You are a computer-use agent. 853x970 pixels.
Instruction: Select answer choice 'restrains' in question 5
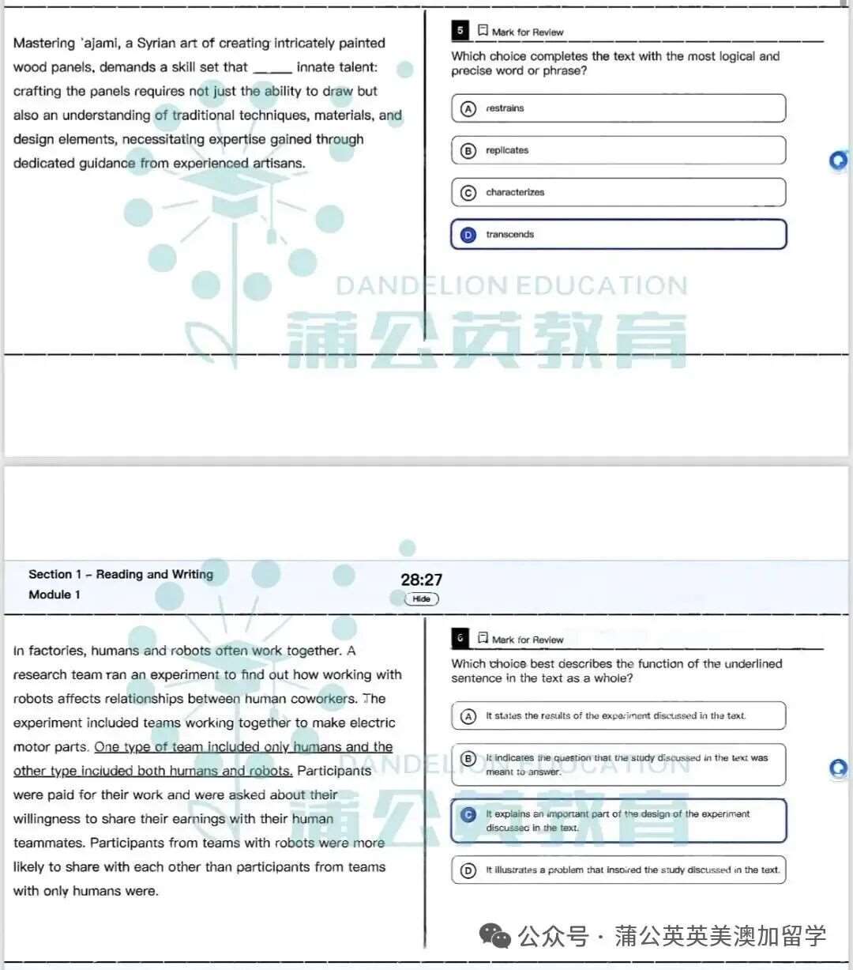(618, 108)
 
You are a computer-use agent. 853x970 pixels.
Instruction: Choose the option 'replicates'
(618, 150)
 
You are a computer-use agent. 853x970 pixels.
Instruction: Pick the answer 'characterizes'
(618, 192)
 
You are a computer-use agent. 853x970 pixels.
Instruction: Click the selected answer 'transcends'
(618, 234)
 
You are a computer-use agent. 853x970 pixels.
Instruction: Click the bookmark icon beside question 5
(483, 31)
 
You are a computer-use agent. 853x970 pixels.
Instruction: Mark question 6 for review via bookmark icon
(483, 638)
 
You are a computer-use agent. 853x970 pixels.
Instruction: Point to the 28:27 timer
(422, 579)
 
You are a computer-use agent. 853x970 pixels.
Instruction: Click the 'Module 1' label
(54, 594)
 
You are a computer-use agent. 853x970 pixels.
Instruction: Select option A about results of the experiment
(618, 715)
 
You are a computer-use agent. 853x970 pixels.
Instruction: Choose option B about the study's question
(618, 764)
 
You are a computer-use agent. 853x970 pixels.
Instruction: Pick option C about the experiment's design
(618, 821)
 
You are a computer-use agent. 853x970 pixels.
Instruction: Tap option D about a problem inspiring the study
(618, 870)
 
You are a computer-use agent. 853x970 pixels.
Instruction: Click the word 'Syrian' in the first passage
(156, 43)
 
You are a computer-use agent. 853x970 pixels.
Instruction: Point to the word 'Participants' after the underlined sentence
(334, 771)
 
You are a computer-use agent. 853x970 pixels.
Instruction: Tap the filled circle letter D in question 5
(468, 235)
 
